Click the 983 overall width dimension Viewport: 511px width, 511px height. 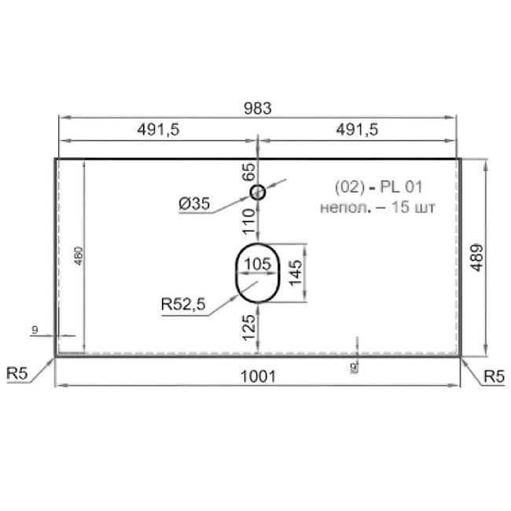tap(257, 108)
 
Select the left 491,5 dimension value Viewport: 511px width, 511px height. tap(158, 130)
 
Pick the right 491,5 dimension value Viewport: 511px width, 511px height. tap(357, 130)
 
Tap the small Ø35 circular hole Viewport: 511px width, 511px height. tap(257, 193)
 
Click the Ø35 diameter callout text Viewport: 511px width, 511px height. tap(194, 204)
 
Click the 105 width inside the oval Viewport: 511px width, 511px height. tap(257, 264)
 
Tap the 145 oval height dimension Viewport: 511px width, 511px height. tap(296, 273)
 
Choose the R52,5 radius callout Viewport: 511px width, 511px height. tap(183, 304)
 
